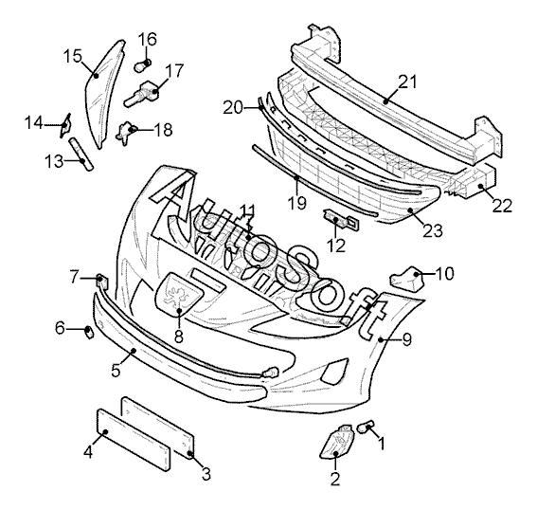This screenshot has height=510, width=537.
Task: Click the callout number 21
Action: tap(408, 82)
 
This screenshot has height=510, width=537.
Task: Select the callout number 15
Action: tap(73, 56)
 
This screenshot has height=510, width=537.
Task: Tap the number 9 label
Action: tap(407, 339)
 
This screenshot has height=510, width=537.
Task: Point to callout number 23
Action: tap(433, 230)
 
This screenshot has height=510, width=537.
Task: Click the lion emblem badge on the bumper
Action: tap(176, 293)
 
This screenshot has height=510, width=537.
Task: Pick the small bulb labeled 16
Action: tap(142, 65)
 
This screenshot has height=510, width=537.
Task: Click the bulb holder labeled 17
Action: tap(143, 94)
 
